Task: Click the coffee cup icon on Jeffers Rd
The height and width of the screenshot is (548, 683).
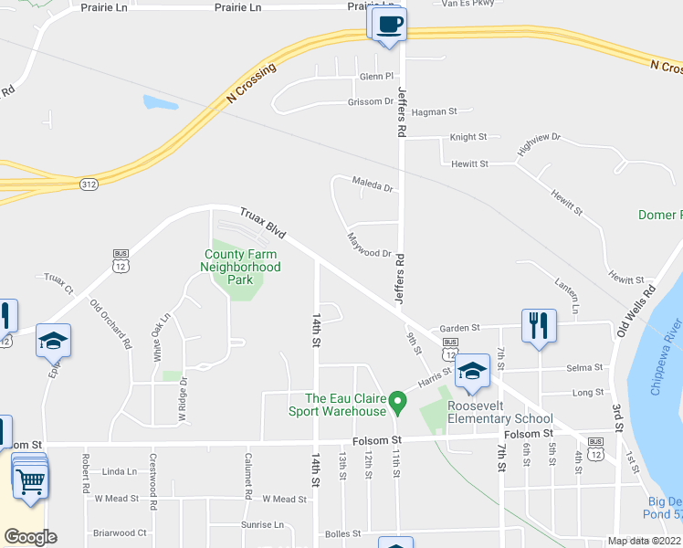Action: (x=389, y=24)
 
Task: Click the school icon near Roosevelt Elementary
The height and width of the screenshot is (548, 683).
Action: (x=472, y=371)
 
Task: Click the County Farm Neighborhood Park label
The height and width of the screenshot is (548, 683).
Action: (x=240, y=267)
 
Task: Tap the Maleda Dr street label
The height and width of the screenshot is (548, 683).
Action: (x=373, y=188)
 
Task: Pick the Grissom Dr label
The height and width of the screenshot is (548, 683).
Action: (x=370, y=102)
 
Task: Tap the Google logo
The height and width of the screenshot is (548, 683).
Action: (x=30, y=537)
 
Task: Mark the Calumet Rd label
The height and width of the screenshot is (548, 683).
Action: (x=247, y=476)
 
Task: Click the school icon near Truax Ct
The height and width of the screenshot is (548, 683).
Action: (x=53, y=341)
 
